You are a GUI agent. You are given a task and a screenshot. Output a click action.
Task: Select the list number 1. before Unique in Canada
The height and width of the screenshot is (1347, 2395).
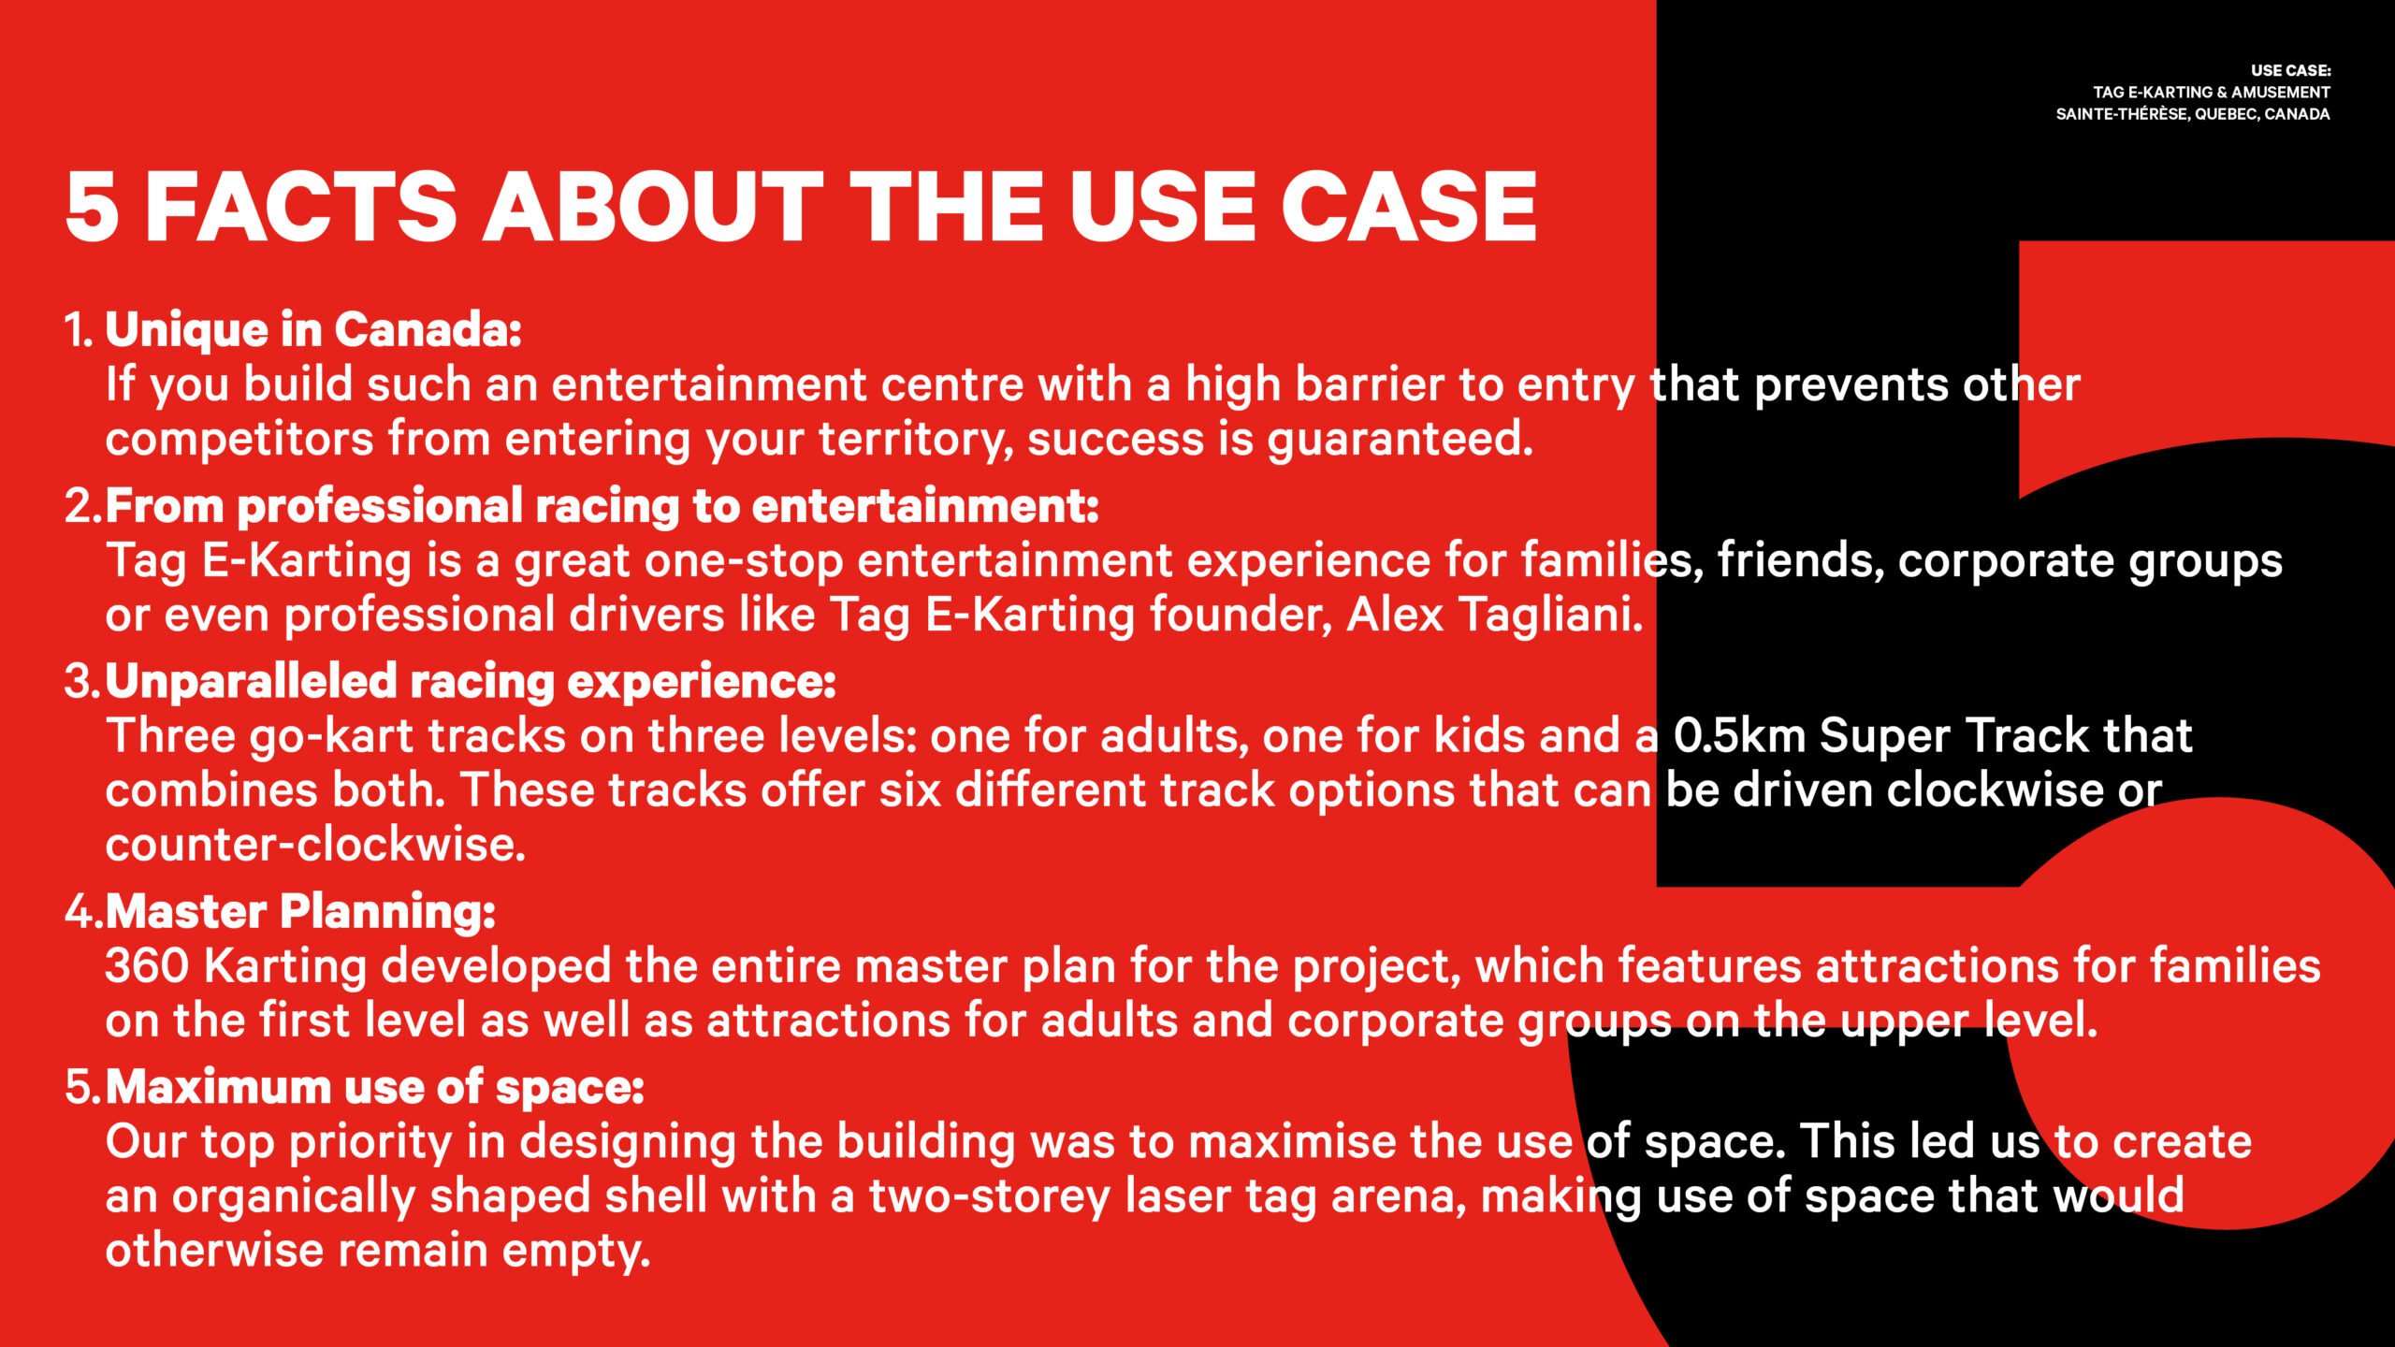point(79,329)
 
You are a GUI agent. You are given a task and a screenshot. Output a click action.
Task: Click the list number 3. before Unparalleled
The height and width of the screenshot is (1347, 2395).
point(82,681)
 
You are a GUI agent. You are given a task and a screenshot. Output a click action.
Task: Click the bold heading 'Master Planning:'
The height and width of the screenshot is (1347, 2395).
point(300,912)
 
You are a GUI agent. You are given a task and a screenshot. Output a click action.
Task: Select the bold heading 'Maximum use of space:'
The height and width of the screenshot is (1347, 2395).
point(375,1087)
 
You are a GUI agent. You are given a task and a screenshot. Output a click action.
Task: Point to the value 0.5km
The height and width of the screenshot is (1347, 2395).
point(1739,735)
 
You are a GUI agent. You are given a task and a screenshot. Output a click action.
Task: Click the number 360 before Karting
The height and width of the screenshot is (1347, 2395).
point(147,966)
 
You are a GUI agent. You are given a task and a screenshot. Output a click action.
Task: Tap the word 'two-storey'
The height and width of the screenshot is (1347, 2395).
point(990,1197)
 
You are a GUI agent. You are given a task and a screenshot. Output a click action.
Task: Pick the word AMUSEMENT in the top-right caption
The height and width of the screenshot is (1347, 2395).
point(2281,93)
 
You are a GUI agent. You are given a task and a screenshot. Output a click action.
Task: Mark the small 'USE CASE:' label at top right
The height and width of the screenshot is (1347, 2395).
point(2290,71)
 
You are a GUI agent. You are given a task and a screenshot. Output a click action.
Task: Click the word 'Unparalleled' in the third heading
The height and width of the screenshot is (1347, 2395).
point(251,682)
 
